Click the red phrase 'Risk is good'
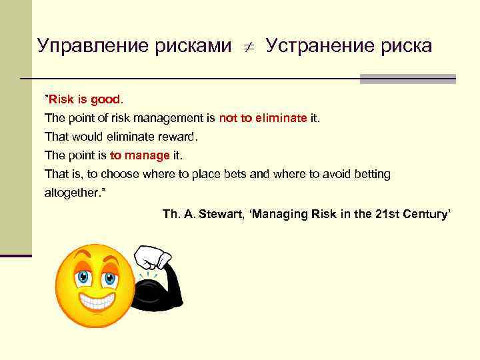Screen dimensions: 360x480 tap(85, 99)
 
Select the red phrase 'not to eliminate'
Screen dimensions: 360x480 tap(263, 118)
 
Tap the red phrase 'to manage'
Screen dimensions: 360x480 tap(140, 155)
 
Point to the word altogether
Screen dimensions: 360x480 tap(72, 193)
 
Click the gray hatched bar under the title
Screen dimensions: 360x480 tap(407, 79)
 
